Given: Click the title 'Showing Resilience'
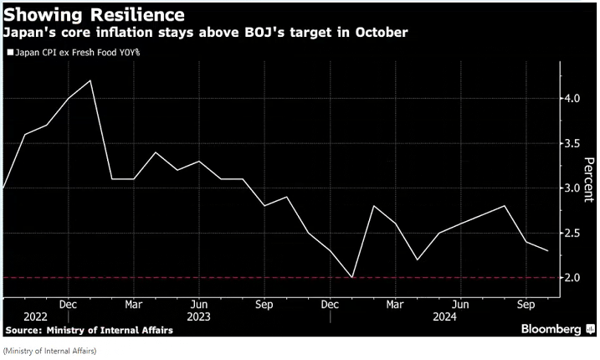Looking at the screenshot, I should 95,15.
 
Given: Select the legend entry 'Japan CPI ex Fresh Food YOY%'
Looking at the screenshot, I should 74,52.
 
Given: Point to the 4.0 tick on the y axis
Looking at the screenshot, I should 572,99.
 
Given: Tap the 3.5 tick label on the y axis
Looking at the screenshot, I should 572,143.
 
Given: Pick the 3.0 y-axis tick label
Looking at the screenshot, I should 572,188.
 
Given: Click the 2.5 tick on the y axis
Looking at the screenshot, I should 572,233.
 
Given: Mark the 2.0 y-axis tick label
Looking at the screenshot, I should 572,277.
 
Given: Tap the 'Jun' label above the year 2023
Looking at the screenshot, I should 197,304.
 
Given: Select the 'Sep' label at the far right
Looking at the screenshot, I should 526,304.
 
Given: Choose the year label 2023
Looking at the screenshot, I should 198,317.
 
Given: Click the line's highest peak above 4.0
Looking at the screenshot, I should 90,81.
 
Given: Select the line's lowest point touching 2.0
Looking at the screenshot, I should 351,277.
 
